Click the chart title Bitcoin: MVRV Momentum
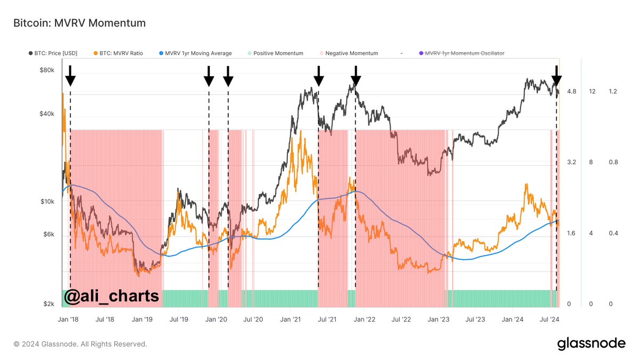click(79, 23)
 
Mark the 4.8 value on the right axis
click(571, 92)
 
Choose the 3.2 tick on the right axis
click(571, 162)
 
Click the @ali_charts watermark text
click(111, 296)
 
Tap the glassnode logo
click(591, 344)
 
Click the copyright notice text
click(80, 345)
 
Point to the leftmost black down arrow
click(70, 76)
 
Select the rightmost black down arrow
click(556, 76)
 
